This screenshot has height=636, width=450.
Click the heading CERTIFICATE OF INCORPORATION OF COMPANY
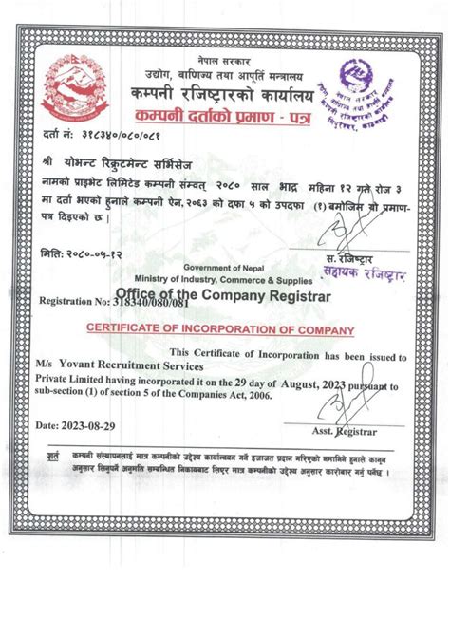click(220, 329)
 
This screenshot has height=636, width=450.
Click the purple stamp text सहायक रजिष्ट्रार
click(366, 274)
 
